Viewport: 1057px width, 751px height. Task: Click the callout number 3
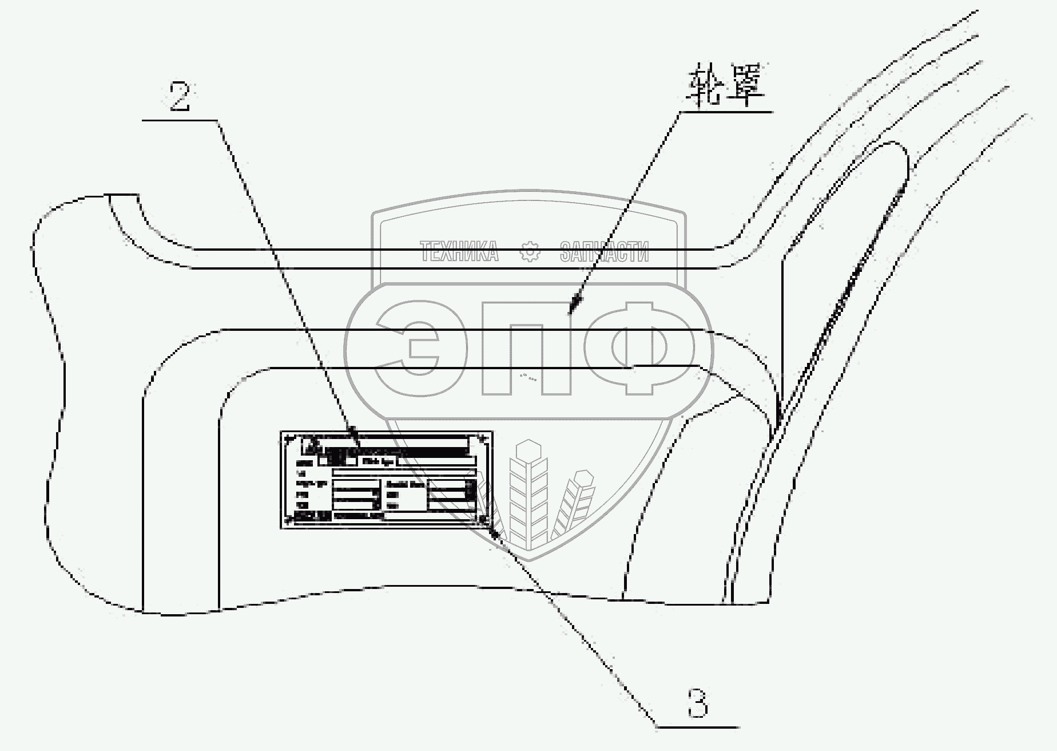coord(697,703)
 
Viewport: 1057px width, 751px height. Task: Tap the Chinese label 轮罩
coord(727,88)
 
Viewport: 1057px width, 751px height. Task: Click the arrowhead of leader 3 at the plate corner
coord(492,530)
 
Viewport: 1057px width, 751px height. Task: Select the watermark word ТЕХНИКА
coord(459,252)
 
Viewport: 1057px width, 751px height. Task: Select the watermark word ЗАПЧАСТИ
coord(604,252)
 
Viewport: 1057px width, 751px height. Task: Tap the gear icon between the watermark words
coord(530,252)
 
